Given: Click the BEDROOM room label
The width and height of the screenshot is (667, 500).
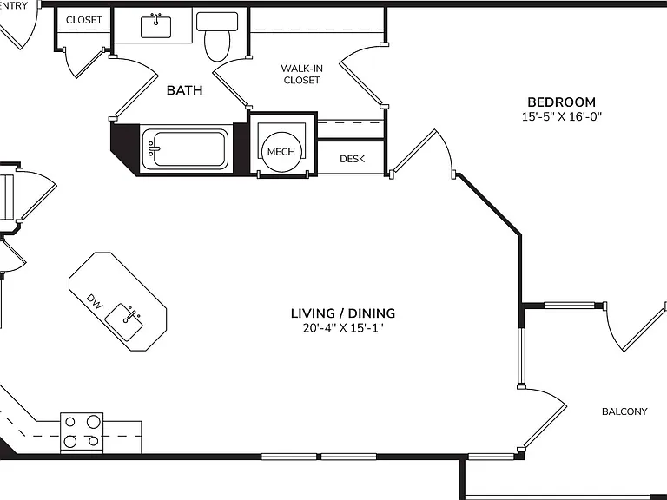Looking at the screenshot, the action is click(x=562, y=102).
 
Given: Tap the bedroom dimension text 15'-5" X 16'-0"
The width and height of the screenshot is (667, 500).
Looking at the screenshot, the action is click(x=562, y=116).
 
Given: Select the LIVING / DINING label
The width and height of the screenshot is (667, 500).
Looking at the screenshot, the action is click(x=343, y=313).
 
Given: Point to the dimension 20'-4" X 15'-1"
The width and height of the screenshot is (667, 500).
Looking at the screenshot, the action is click(x=343, y=328).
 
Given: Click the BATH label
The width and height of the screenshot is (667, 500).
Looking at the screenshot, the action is click(x=185, y=90).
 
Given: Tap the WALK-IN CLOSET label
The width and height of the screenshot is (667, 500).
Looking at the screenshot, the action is click(x=301, y=74).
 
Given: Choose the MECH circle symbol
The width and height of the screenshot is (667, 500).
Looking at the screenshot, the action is click(x=281, y=152).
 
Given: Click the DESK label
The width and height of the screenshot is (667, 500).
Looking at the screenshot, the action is click(x=353, y=159).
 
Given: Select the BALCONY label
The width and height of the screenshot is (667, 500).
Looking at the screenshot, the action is click(x=624, y=411).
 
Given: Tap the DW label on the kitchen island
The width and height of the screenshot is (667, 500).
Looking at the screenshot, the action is click(x=95, y=301).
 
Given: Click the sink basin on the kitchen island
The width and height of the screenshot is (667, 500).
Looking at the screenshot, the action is click(x=124, y=322).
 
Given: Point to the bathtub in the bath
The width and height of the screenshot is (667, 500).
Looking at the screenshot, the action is click(x=184, y=148).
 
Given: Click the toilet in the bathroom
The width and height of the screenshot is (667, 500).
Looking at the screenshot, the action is click(x=217, y=36).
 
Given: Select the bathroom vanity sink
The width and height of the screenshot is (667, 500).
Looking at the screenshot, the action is click(x=155, y=26).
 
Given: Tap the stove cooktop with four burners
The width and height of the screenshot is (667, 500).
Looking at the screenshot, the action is click(x=82, y=432).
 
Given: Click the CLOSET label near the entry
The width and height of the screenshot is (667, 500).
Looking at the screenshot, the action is click(x=83, y=20).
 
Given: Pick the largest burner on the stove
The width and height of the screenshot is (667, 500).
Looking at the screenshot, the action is click(x=94, y=422).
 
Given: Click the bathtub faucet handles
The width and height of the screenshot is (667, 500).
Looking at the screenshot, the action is click(x=151, y=148).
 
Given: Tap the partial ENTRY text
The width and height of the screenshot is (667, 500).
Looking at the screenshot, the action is click(x=14, y=5).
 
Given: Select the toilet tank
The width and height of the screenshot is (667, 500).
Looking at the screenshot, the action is click(x=217, y=21).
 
